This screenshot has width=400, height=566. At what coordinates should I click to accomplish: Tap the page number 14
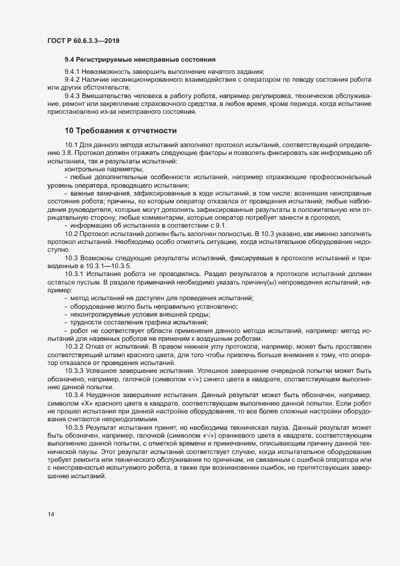coord(51,515)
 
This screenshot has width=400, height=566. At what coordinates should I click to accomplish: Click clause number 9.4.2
coord(74,81)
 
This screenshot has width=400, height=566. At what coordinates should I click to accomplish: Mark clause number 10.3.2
coord(74,346)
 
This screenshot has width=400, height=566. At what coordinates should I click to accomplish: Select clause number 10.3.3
coord(74,369)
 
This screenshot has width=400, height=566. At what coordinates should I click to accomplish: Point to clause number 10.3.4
coord(74,395)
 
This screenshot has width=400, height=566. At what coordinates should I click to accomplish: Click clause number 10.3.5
coord(74,427)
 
